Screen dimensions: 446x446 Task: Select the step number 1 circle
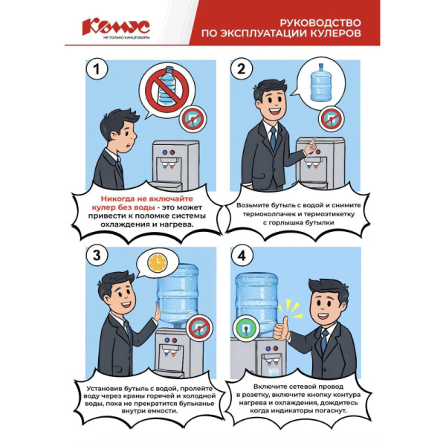(93, 70)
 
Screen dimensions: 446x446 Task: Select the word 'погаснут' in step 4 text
(326, 411)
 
